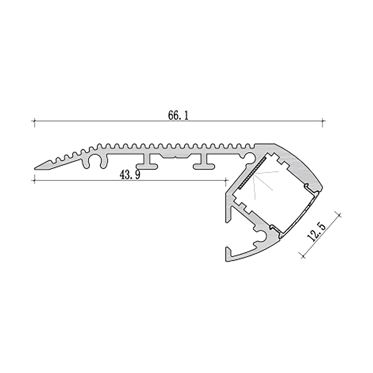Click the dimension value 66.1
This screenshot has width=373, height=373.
[178, 115]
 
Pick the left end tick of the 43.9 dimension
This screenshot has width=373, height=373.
[35, 180]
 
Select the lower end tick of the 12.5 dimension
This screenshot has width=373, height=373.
[302, 256]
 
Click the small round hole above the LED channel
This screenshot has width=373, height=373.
[249, 157]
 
